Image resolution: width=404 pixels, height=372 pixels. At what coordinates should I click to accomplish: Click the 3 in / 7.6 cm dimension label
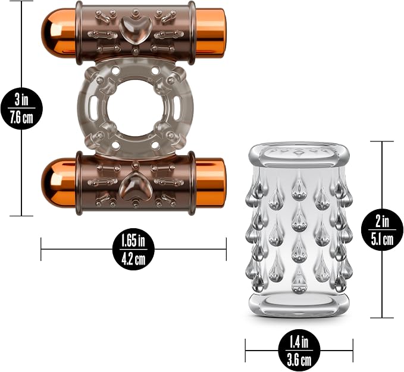(21, 108)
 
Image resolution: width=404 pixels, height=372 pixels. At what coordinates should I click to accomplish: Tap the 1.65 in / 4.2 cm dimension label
(133, 249)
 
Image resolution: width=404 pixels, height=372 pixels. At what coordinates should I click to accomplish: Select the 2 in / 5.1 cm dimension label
(382, 229)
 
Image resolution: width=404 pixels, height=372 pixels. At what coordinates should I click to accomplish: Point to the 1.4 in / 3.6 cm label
(299, 350)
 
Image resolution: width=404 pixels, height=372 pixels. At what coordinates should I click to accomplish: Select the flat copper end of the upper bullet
(210, 33)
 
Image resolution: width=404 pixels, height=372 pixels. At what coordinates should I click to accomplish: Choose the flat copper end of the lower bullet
(210, 183)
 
